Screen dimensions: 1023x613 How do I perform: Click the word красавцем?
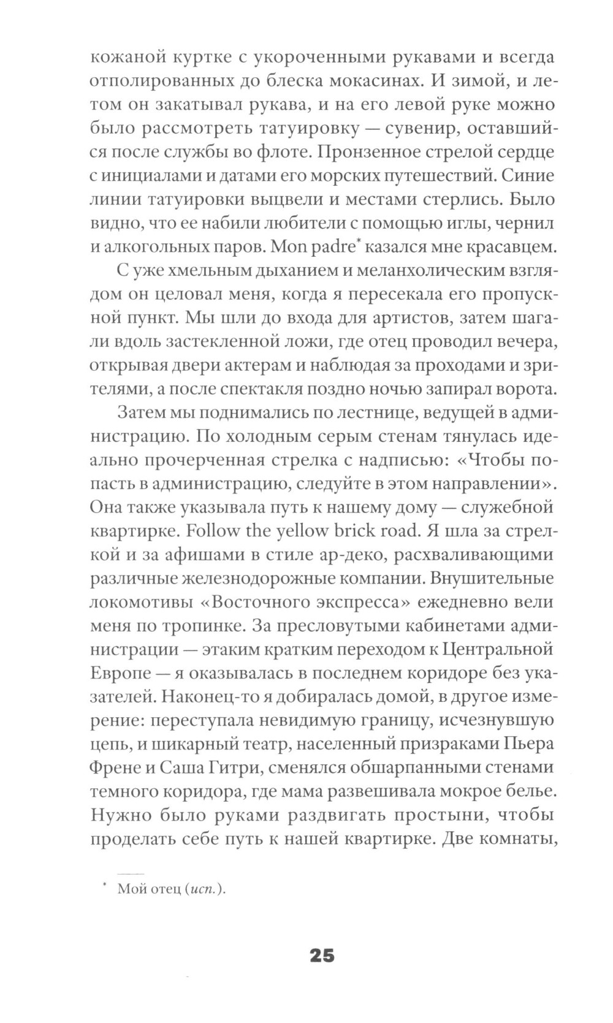[x=506, y=247]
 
